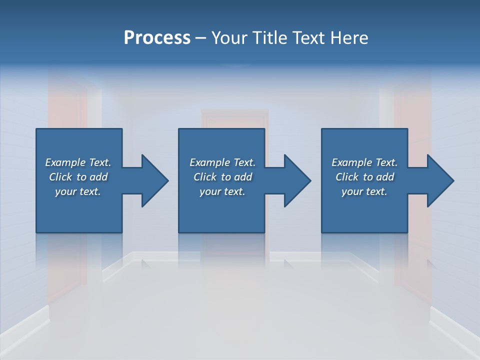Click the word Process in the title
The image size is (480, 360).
pos(156,37)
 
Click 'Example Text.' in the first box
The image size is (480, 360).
pos(78,162)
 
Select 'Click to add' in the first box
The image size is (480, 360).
pos(78,177)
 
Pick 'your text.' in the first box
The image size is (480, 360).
pos(78,191)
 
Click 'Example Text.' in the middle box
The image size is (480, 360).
pos(222,162)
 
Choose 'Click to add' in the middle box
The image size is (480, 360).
pos(222,177)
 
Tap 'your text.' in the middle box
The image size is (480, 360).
pos(222,191)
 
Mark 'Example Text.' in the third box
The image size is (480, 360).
pos(364,162)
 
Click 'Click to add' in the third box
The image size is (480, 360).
pos(364,177)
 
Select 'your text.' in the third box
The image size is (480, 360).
pos(364,191)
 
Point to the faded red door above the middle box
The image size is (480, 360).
pos(234,119)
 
